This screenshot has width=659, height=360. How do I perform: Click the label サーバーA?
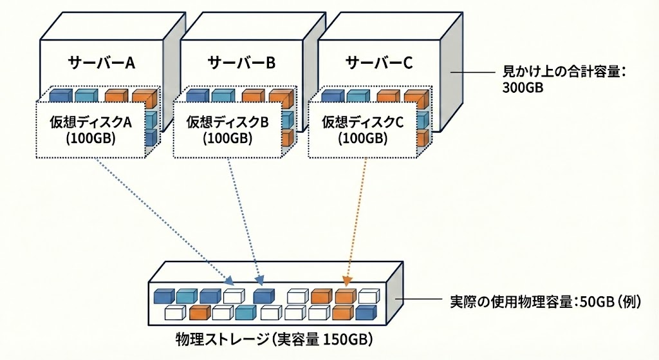(101, 63)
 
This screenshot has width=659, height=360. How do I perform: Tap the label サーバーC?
(379, 63)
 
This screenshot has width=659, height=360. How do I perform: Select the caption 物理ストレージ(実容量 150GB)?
(275, 339)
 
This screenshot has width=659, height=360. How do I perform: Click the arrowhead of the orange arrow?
(348, 280)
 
